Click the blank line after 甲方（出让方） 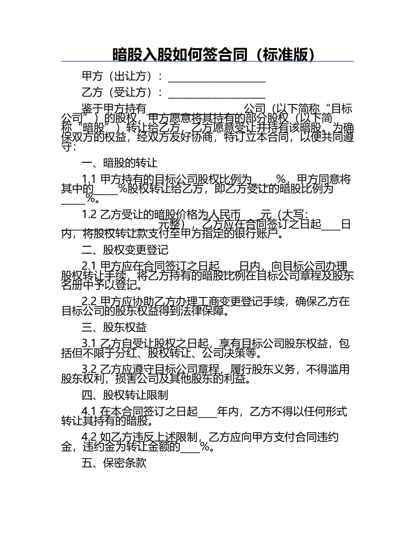tap(217, 78)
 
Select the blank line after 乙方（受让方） tap(217, 94)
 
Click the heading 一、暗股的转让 tap(119, 163)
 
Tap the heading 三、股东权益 tap(114, 327)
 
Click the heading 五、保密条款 tap(114, 463)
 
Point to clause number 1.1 tap(89, 179)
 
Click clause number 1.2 tap(89, 214)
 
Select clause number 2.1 tap(89, 266)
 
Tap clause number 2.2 tap(89, 301)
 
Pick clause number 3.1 tap(89, 343)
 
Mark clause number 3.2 tap(89, 370)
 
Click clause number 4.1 tap(89, 412)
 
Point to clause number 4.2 tap(89, 437)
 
